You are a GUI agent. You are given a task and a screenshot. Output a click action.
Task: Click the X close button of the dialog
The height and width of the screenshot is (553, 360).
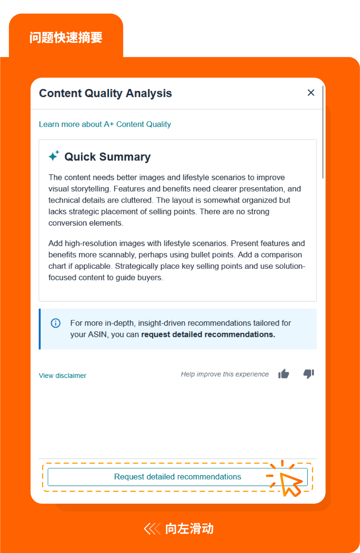[311, 93]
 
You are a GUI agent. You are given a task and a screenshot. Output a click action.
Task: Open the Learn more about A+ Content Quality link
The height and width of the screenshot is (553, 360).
[105, 124]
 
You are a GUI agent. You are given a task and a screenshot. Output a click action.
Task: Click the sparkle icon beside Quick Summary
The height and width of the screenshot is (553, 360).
[54, 156]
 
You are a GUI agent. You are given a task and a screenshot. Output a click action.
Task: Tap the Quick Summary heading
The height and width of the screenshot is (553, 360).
[107, 157]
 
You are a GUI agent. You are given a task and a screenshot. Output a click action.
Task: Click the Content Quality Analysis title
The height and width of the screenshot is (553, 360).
[105, 93]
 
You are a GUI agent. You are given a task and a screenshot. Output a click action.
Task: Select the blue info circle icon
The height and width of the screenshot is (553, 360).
[56, 323]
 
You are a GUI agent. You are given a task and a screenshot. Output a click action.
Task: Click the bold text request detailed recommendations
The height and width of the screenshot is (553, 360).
[208, 335]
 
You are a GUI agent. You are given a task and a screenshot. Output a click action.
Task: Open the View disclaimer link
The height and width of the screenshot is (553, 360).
[63, 375]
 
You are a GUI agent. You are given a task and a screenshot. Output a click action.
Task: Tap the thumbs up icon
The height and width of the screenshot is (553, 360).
[284, 374]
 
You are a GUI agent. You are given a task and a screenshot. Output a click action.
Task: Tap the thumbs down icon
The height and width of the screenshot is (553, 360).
[309, 374]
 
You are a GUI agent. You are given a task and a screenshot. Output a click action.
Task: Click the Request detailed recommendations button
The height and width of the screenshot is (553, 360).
[177, 477]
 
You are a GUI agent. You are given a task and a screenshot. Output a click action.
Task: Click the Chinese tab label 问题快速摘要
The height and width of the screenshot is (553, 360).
[66, 37]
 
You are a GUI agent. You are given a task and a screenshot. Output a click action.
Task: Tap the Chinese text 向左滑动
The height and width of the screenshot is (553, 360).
[189, 529]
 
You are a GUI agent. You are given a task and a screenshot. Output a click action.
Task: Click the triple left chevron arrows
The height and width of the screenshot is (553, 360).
[152, 529]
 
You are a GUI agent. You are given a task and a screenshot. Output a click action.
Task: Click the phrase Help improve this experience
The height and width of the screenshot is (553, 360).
[225, 374]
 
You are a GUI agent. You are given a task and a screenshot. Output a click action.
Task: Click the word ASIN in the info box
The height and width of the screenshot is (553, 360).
[97, 335]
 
